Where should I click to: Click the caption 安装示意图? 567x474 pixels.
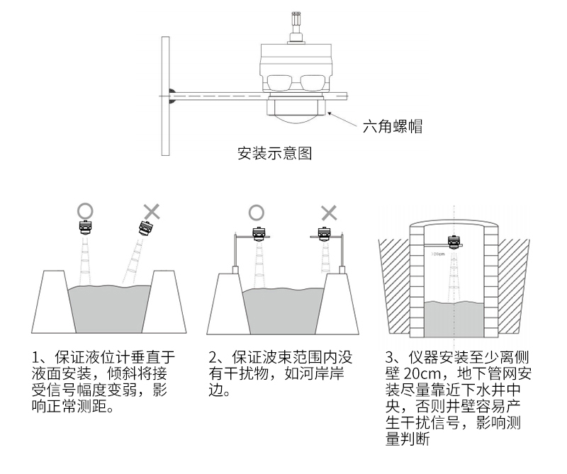coord(274,153)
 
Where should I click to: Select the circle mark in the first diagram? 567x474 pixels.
coord(85,210)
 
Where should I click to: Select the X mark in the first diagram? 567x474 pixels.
coord(152,210)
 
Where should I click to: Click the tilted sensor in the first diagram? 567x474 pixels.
coord(145,229)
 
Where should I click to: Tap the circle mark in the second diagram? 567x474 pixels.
coord(256,211)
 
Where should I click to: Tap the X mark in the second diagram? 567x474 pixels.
coord(328,211)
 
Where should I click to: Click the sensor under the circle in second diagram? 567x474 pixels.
coord(259,234)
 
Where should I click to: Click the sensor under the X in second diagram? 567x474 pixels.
coord(325,234)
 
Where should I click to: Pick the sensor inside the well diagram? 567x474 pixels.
coord(451,242)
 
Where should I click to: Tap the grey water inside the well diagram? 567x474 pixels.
coord(454,319)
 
